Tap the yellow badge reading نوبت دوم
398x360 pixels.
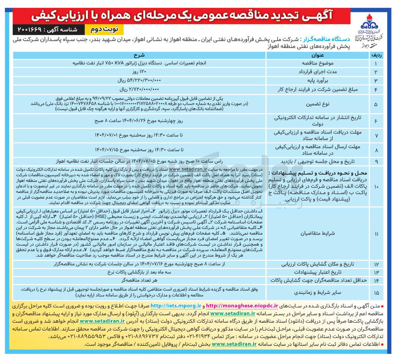pyautogui.click(x=106, y=30)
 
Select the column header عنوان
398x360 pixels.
pyautogui.click(x=317, y=55)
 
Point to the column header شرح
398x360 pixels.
pyautogui.click(x=139, y=55)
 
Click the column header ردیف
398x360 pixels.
pyautogui.click(x=376, y=55)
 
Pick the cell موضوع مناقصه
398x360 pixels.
pyautogui.click(x=317, y=63)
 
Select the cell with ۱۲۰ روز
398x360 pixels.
pyautogui.click(x=139, y=72)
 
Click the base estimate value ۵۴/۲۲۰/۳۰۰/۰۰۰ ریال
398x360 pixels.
pyautogui.click(x=139, y=80)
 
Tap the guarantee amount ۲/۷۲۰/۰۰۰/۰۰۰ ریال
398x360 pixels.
pyautogui.click(x=139, y=90)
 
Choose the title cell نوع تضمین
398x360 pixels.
pyautogui.click(x=317, y=104)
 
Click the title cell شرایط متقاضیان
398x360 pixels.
pyautogui.click(x=317, y=233)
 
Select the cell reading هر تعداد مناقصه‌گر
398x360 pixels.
pyautogui.click(x=139, y=280)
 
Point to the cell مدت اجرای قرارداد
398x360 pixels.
pyautogui.click(x=317, y=72)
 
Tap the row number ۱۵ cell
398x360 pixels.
pyautogui.click(x=376, y=293)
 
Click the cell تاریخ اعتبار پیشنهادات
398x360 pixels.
pyautogui.click(x=317, y=272)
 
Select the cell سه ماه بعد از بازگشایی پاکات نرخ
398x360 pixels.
pyautogui.click(x=139, y=272)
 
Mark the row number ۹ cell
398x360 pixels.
pyautogui.click(x=376, y=161)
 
